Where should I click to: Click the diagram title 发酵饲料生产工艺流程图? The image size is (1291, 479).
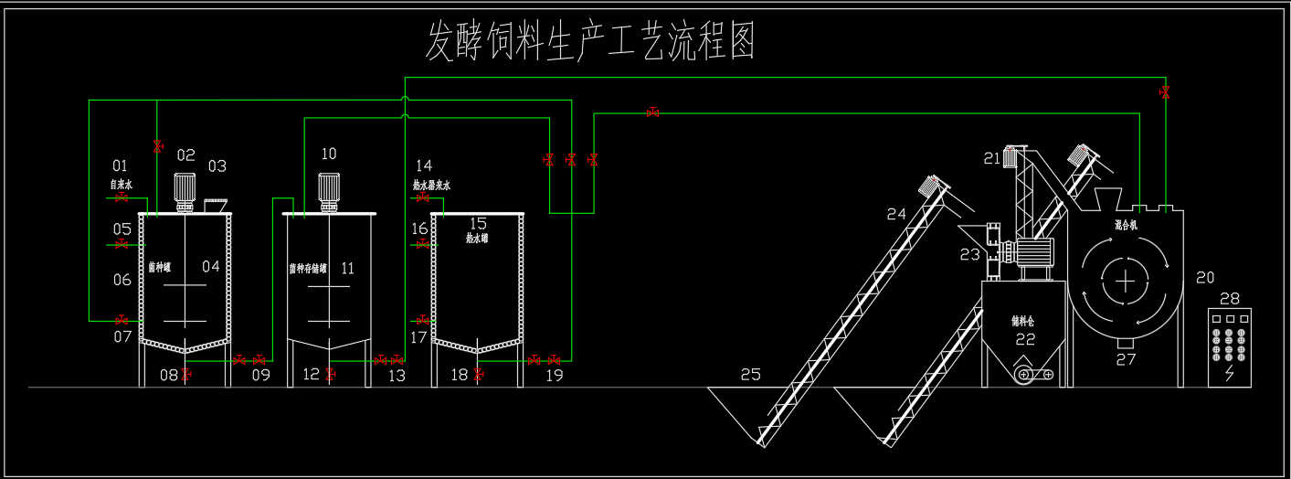click(x=591, y=42)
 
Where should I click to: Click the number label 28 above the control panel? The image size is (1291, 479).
click(x=1230, y=298)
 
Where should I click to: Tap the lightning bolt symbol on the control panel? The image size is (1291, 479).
click(x=1230, y=374)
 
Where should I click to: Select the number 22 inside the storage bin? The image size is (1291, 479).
click(x=1025, y=339)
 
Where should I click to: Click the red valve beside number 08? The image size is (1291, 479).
click(x=186, y=374)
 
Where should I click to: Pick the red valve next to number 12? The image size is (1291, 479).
click(x=330, y=374)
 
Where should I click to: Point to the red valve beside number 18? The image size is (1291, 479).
click(x=477, y=374)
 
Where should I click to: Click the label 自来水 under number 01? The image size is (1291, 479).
click(x=122, y=185)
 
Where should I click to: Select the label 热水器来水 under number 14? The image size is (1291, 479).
click(x=430, y=186)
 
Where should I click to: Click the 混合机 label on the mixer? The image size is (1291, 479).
click(x=1126, y=224)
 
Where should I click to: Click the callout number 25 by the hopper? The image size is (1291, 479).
click(x=750, y=374)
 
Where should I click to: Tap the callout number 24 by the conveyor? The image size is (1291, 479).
click(x=896, y=214)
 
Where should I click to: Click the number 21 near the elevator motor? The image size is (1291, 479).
click(x=992, y=158)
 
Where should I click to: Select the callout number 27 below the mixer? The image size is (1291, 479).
click(x=1127, y=359)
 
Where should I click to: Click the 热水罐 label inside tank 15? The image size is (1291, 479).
click(x=477, y=239)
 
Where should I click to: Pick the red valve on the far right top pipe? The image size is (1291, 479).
click(x=1165, y=91)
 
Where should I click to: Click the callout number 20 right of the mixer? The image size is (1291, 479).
click(x=1205, y=277)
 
